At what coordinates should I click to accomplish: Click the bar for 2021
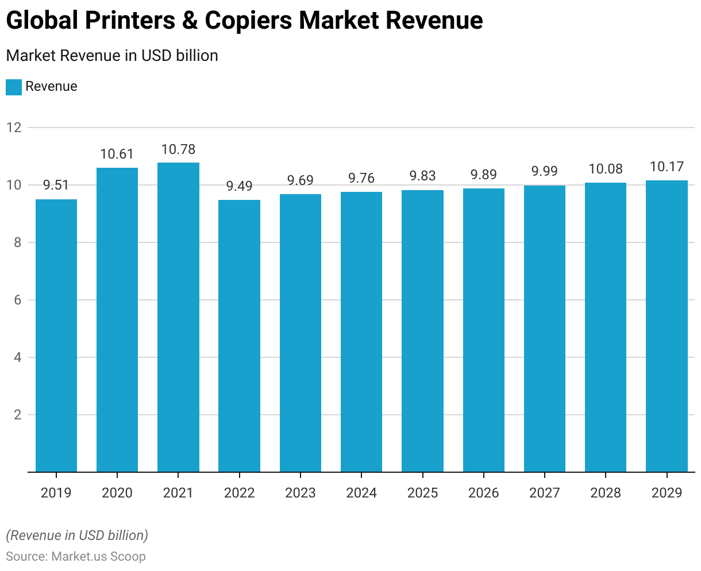pyautogui.click(x=178, y=317)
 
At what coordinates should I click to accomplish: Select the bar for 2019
pyautogui.click(x=56, y=335)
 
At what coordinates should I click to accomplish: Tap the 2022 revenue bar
pyautogui.click(x=239, y=336)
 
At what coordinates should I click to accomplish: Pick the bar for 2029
pyautogui.click(x=667, y=326)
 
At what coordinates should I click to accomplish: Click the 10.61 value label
pyautogui.click(x=117, y=154)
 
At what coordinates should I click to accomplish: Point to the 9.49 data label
pyautogui.click(x=239, y=186)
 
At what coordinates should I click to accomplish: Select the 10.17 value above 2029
pyautogui.click(x=667, y=167)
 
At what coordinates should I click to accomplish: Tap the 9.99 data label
pyautogui.click(x=544, y=171)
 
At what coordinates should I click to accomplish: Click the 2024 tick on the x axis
pyautogui.click(x=361, y=493)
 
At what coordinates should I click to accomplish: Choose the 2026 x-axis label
pyautogui.click(x=483, y=493)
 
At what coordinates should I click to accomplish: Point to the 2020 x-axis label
pyautogui.click(x=117, y=493)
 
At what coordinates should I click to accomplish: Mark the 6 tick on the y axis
pyautogui.click(x=18, y=300)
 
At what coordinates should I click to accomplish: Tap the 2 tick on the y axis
pyautogui.click(x=18, y=415)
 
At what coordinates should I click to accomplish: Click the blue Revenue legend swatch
pyautogui.click(x=14, y=87)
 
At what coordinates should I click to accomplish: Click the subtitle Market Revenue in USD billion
pyautogui.click(x=112, y=56)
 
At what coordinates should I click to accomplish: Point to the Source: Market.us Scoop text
pyautogui.click(x=76, y=556)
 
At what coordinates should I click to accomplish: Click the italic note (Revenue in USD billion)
pyautogui.click(x=77, y=535)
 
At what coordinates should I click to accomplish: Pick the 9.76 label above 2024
pyautogui.click(x=361, y=178)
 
